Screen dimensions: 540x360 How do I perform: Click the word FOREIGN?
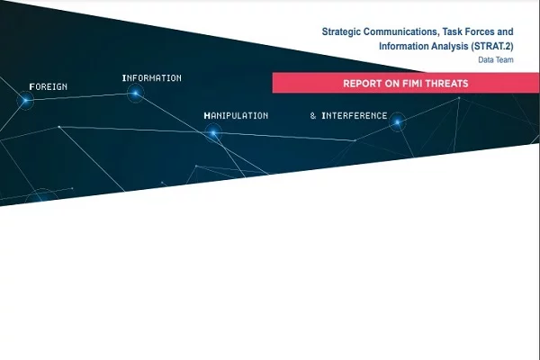pos(49,86)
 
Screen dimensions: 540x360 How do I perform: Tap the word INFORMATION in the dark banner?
pos(152,78)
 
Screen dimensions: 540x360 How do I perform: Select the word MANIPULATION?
pos(236,116)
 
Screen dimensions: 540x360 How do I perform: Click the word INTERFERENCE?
pos(355,116)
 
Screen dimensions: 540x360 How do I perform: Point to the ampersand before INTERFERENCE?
pos(312,116)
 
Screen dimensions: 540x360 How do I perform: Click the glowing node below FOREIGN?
pos(25,100)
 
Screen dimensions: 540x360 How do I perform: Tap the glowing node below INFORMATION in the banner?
pos(135,93)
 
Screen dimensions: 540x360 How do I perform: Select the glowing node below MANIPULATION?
pos(213,132)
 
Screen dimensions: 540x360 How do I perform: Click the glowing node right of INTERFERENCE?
pos(398,121)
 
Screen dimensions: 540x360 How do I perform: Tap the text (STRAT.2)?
pos(492,46)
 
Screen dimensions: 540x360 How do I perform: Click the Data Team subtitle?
pos(496,60)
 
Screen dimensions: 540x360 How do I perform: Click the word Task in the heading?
pos(452,31)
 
